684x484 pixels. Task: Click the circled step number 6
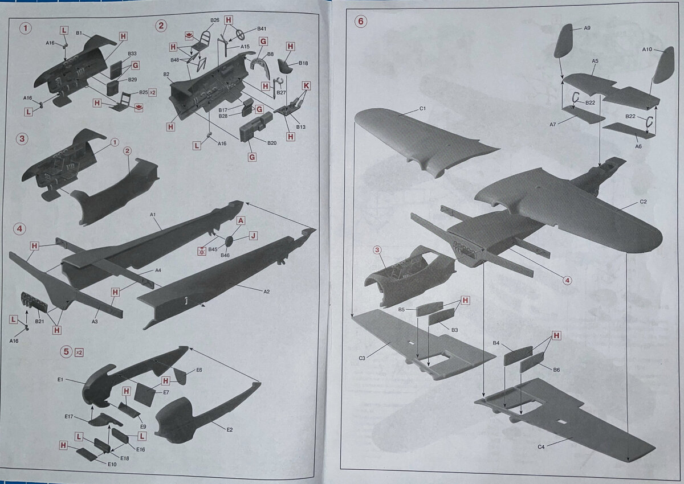(361, 22)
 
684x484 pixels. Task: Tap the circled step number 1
(25, 28)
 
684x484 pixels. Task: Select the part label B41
(262, 28)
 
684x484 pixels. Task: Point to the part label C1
(422, 109)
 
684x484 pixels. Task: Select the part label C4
(541, 447)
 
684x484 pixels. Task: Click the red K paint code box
(306, 87)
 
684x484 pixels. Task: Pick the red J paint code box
(253, 235)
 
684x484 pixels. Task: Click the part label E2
(230, 430)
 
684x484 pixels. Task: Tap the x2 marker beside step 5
(79, 352)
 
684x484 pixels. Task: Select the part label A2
(267, 292)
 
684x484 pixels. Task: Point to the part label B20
(272, 143)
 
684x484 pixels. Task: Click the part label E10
(112, 464)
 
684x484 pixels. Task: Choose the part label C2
(643, 202)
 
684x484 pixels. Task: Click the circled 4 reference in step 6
(567, 280)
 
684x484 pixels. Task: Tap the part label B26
(215, 20)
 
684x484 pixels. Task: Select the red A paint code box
(241, 220)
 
